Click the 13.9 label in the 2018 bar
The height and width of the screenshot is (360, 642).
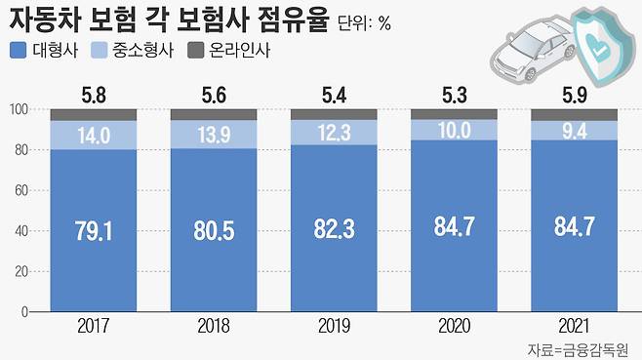[214, 136]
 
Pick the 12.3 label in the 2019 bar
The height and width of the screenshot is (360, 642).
[334, 132]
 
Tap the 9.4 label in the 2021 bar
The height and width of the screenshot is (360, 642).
[574, 129]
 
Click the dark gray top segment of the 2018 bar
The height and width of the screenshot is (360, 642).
[214, 114]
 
